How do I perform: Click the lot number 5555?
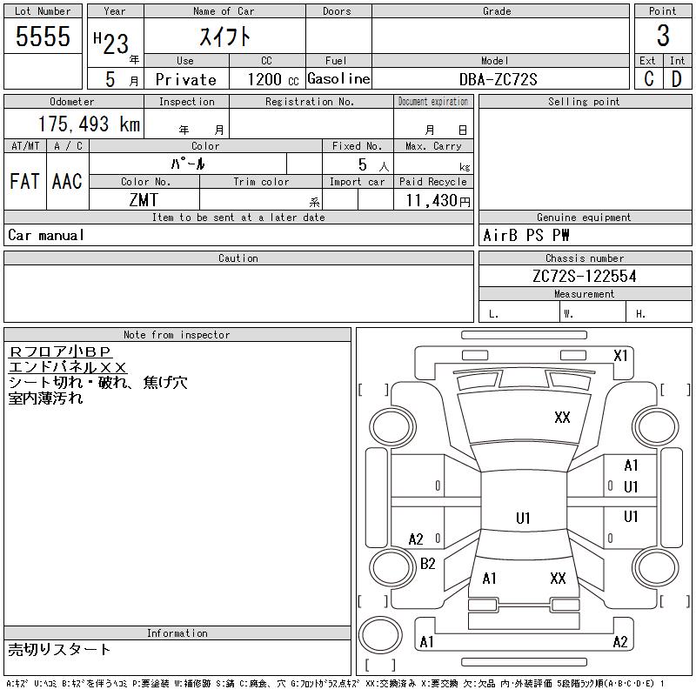[x=43, y=37]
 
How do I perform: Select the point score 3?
[x=663, y=37]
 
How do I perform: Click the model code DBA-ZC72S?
[x=499, y=79]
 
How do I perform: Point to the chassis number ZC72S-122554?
[x=585, y=276]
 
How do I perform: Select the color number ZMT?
[x=144, y=200]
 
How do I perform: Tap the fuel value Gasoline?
[x=338, y=78]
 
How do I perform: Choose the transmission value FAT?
[x=24, y=181]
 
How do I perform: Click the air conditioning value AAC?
[x=67, y=181]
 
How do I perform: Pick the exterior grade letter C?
[x=648, y=79]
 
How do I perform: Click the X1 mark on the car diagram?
[x=620, y=356]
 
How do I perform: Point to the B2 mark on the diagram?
[x=427, y=564]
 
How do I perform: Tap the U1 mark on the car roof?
[x=522, y=519]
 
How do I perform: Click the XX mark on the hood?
[x=562, y=418]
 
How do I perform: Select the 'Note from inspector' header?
[x=177, y=335]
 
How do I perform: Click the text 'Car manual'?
[x=46, y=235]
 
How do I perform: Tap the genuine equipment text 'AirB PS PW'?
[x=525, y=236]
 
